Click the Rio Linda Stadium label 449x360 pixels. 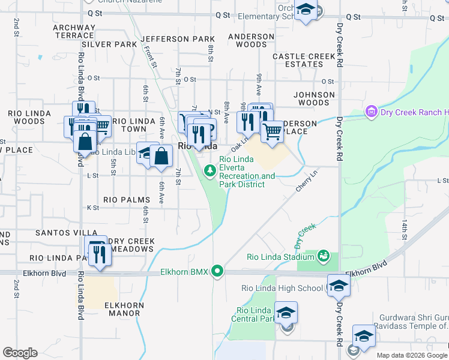281,257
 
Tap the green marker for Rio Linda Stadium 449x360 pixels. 323,256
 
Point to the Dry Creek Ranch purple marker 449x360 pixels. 370,112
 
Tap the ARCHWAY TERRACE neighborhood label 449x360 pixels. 74,31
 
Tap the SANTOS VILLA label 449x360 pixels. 66,232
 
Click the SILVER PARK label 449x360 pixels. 109,44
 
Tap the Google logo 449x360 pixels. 20,353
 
